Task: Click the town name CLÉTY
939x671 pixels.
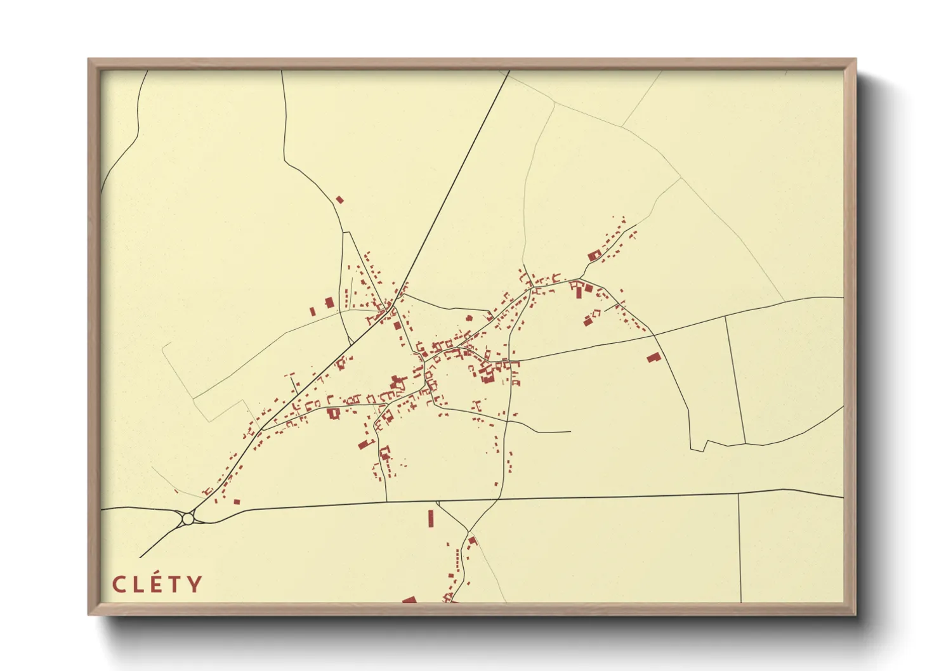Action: [x=158, y=583]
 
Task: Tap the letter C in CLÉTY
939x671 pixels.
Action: [x=118, y=583]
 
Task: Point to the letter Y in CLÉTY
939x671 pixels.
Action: [x=195, y=583]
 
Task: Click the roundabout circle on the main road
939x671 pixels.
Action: [x=187, y=519]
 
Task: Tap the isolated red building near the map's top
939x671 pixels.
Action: [x=339, y=199]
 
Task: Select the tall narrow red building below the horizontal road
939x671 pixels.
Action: [x=431, y=518]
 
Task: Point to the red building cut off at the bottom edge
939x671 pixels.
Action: [x=409, y=599]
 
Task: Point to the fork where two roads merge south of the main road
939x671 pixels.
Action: [x=469, y=530]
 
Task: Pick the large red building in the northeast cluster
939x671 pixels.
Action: [x=594, y=256]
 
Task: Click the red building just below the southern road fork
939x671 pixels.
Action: [x=472, y=540]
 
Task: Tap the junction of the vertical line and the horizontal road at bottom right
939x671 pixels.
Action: [x=739, y=493]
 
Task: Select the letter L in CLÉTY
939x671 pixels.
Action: [x=138, y=583]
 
